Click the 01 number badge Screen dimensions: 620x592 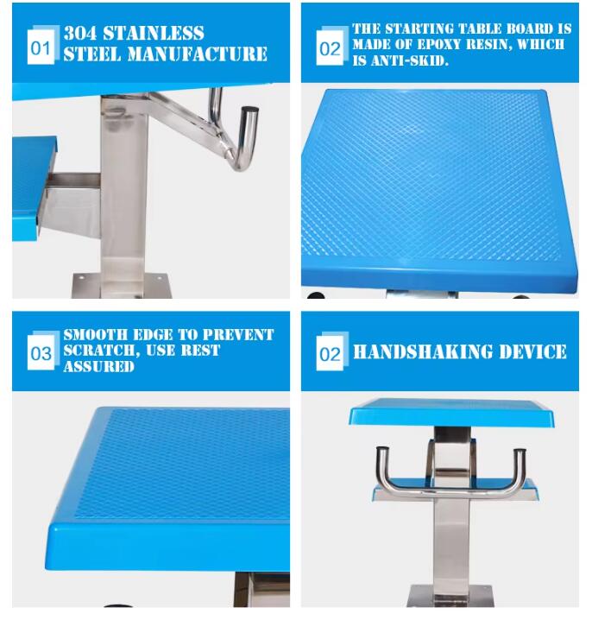point(41,47)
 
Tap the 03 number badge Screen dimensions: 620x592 point(41,353)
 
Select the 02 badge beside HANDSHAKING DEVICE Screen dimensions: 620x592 point(330,354)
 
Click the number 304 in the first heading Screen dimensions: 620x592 point(84,34)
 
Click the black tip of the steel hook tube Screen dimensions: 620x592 point(249,111)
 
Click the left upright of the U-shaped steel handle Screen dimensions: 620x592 point(381,471)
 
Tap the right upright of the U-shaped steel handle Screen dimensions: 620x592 point(520,471)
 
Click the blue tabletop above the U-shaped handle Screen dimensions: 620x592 point(451,413)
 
